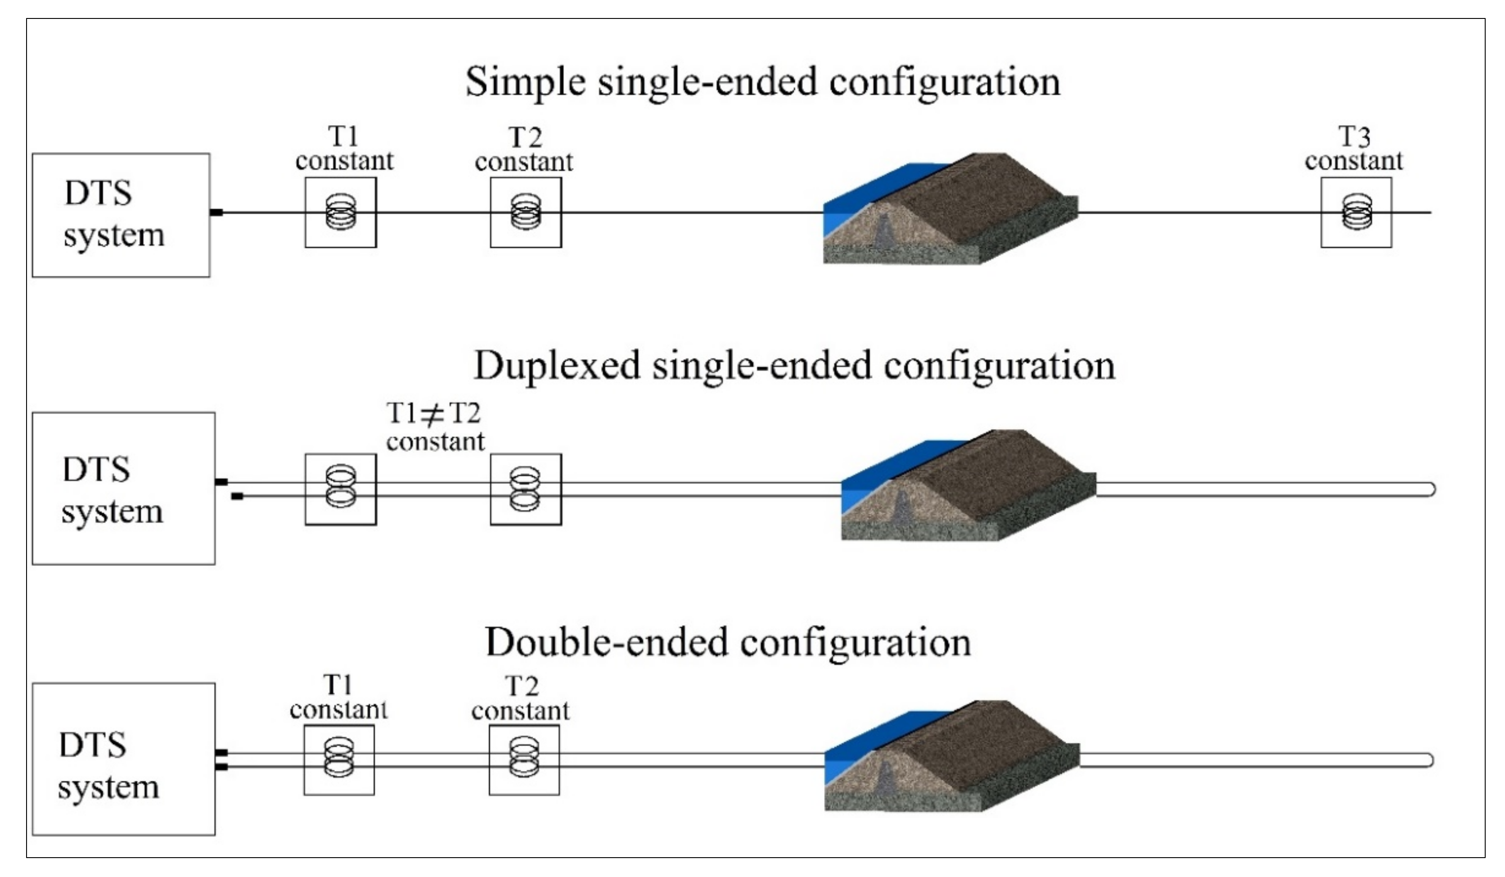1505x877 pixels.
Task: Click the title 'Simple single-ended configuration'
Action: [x=763, y=82]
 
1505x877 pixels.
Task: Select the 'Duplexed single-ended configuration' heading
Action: [x=794, y=366]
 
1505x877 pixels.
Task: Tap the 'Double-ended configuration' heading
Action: [x=728, y=642]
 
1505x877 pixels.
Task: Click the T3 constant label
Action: [x=1353, y=149]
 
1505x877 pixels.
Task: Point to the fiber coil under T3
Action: [x=1356, y=212]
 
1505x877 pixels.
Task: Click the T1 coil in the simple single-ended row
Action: [x=340, y=212]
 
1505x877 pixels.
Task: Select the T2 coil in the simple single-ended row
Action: [x=526, y=212]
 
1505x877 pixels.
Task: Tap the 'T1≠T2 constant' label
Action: [x=435, y=428]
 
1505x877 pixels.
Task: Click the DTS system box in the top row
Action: [x=121, y=215]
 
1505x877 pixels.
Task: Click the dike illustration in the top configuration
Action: [x=955, y=212]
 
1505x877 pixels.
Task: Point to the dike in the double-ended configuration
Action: [x=955, y=759]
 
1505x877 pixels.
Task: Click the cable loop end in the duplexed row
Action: [x=1430, y=489]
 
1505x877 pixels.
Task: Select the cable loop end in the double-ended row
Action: [x=1429, y=760]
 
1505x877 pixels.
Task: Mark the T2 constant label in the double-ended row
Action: [x=520, y=699]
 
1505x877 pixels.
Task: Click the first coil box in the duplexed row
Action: [x=340, y=489]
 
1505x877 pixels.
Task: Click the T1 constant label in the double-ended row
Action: [x=338, y=698]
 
